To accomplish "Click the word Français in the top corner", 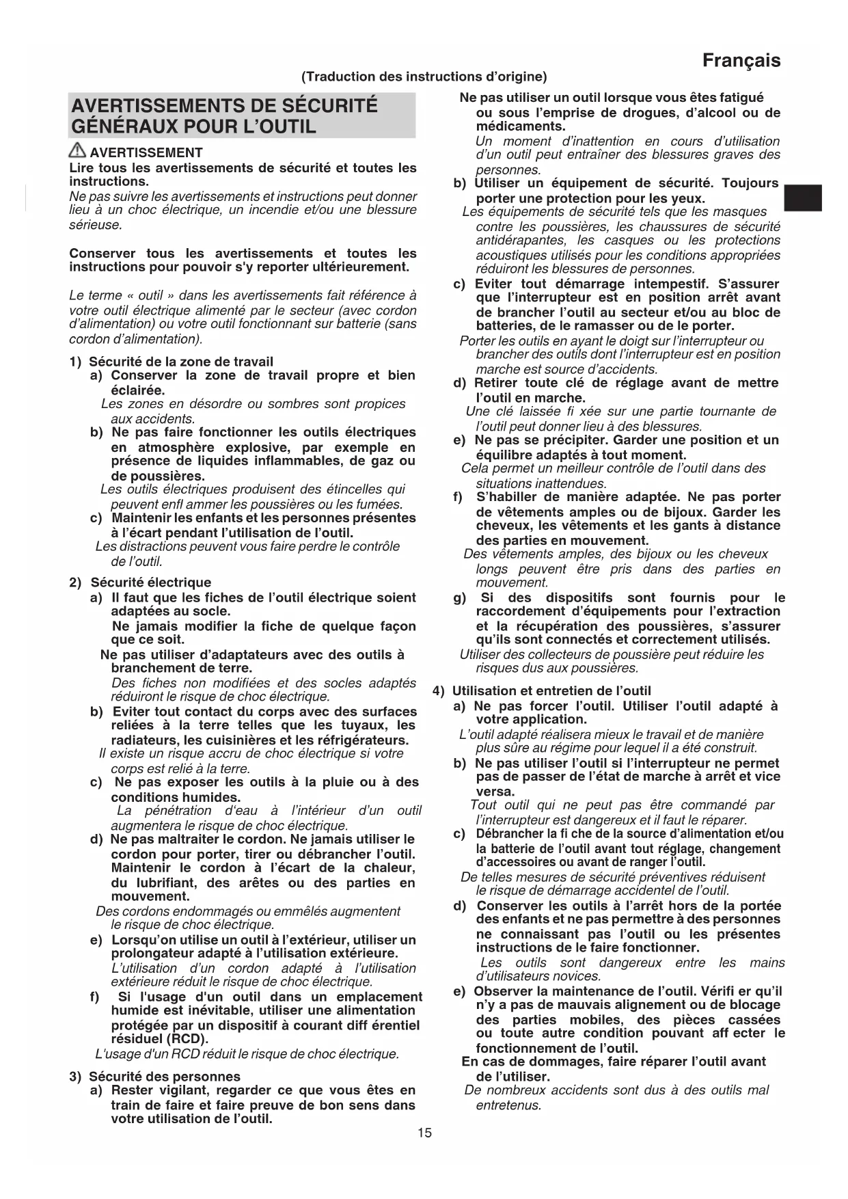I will pyautogui.click(x=741, y=61).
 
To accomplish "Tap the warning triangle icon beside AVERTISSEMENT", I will pyautogui.click(x=77, y=152).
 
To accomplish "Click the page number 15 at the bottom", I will pyautogui.click(x=424, y=1133).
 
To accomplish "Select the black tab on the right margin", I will pyautogui.click(x=802, y=198).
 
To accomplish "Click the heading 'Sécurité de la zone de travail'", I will pyautogui.click(x=181, y=362).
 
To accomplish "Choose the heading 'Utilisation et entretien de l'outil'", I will pyautogui.click(x=551, y=691).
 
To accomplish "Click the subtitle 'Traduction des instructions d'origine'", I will pyautogui.click(x=424, y=77).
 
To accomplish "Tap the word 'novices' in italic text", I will pyautogui.click(x=578, y=976).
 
